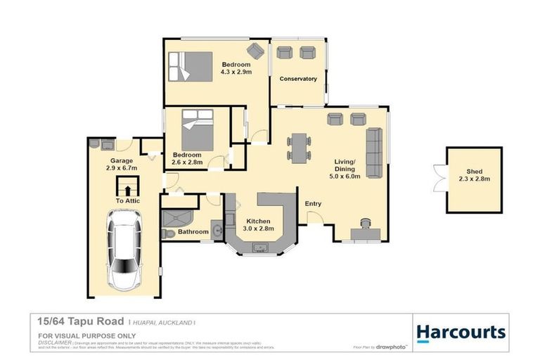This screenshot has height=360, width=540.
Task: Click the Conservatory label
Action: (298, 79)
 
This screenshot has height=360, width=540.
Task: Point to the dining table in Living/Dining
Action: (300, 148)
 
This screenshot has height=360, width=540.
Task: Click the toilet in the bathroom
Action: (167, 234)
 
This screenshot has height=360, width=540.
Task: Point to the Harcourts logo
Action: (461, 332)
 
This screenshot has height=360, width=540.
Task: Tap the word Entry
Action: (313, 205)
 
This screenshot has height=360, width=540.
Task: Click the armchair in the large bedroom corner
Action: (255, 50)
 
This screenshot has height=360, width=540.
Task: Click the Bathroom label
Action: (193, 232)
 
